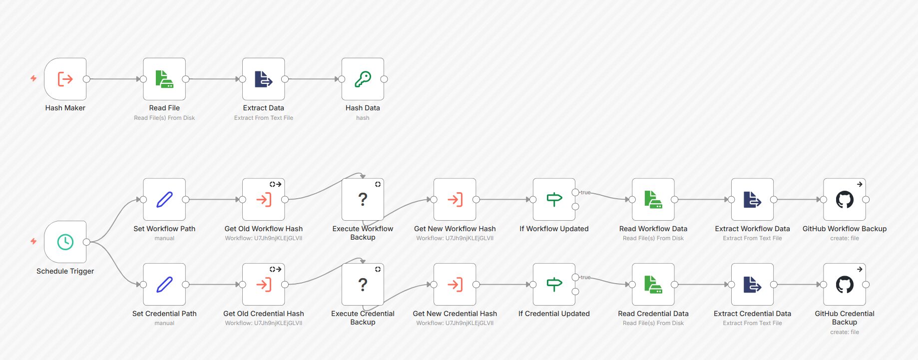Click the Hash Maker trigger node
tap(65, 79)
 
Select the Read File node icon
tap(164, 79)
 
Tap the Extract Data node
tap(263, 79)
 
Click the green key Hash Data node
tap(363, 79)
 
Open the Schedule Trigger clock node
tap(65, 242)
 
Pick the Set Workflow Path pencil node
tap(164, 200)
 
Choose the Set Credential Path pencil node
tap(164, 285)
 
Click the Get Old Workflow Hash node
tap(263, 200)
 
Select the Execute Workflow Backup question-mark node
tap(363, 200)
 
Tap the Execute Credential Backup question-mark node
tap(363, 285)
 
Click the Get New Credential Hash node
tap(455, 285)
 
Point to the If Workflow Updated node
tap(554, 200)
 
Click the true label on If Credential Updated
tap(585, 277)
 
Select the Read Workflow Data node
tap(653, 200)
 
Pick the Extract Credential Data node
tap(752, 285)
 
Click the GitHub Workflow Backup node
tap(845, 200)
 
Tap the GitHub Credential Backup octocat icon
tap(845, 285)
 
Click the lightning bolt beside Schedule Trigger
tap(33, 241)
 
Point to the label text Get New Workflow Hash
tap(455, 229)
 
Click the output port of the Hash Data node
tap(384, 79)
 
